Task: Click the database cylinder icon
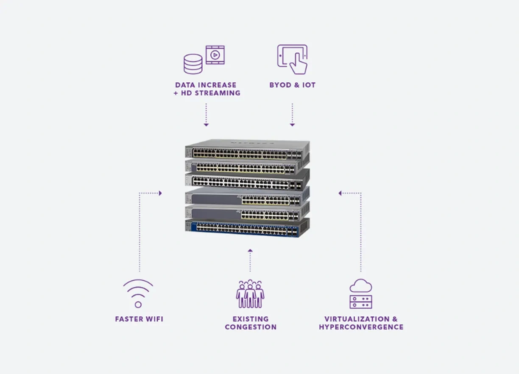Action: click(x=193, y=64)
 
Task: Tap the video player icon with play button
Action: click(x=215, y=55)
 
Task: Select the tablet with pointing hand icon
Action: click(x=293, y=59)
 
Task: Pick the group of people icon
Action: click(x=250, y=293)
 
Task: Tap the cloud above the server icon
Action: click(x=361, y=285)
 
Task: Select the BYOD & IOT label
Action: click(x=293, y=85)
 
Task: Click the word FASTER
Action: click(x=129, y=319)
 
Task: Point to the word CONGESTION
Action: click(x=251, y=327)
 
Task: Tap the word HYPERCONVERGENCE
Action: click(x=361, y=327)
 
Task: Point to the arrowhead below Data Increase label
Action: click(x=206, y=125)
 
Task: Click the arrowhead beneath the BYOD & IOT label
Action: click(x=292, y=125)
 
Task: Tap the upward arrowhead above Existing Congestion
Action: click(x=250, y=251)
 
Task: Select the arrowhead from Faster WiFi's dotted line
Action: click(x=160, y=193)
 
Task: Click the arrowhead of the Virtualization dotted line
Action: click(x=340, y=193)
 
